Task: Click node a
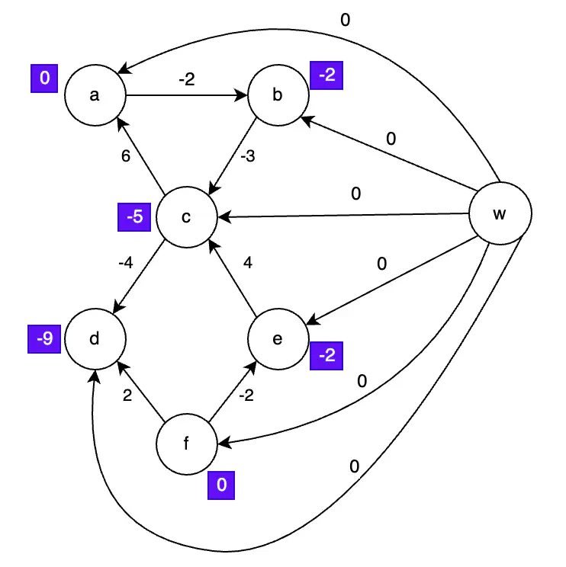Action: [95, 95]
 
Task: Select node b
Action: [278, 95]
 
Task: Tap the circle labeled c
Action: [186, 217]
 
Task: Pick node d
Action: [95, 338]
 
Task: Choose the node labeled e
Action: [278, 338]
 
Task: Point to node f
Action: [186, 444]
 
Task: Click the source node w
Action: [499, 214]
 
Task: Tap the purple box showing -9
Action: [46, 338]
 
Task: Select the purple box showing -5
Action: [135, 217]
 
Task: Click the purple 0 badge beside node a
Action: [44, 79]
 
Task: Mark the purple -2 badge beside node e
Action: [327, 356]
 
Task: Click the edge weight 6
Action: [126, 156]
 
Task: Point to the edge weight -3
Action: [248, 158]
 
